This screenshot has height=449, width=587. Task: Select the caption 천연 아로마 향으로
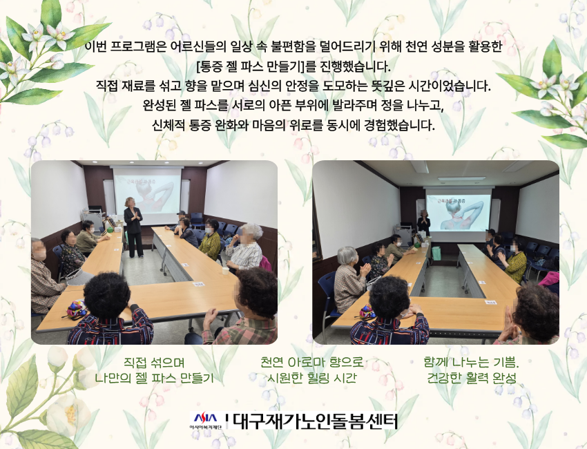click(x=312, y=362)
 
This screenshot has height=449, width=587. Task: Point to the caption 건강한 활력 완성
click(x=472, y=378)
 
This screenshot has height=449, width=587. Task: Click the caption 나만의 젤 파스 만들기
click(x=154, y=378)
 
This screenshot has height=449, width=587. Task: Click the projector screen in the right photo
click(x=458, y=213)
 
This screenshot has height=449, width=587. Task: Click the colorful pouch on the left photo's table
click(x=76, y=309)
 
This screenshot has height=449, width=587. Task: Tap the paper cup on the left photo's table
click(x=225, y=270)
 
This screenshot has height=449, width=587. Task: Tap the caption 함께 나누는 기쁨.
click(x=471, y=362)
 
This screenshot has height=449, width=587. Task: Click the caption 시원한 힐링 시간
click(x=312, y=378)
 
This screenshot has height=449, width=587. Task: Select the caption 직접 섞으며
click(x=154, y=362)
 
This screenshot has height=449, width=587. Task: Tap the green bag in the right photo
click(x=436, y=253)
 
